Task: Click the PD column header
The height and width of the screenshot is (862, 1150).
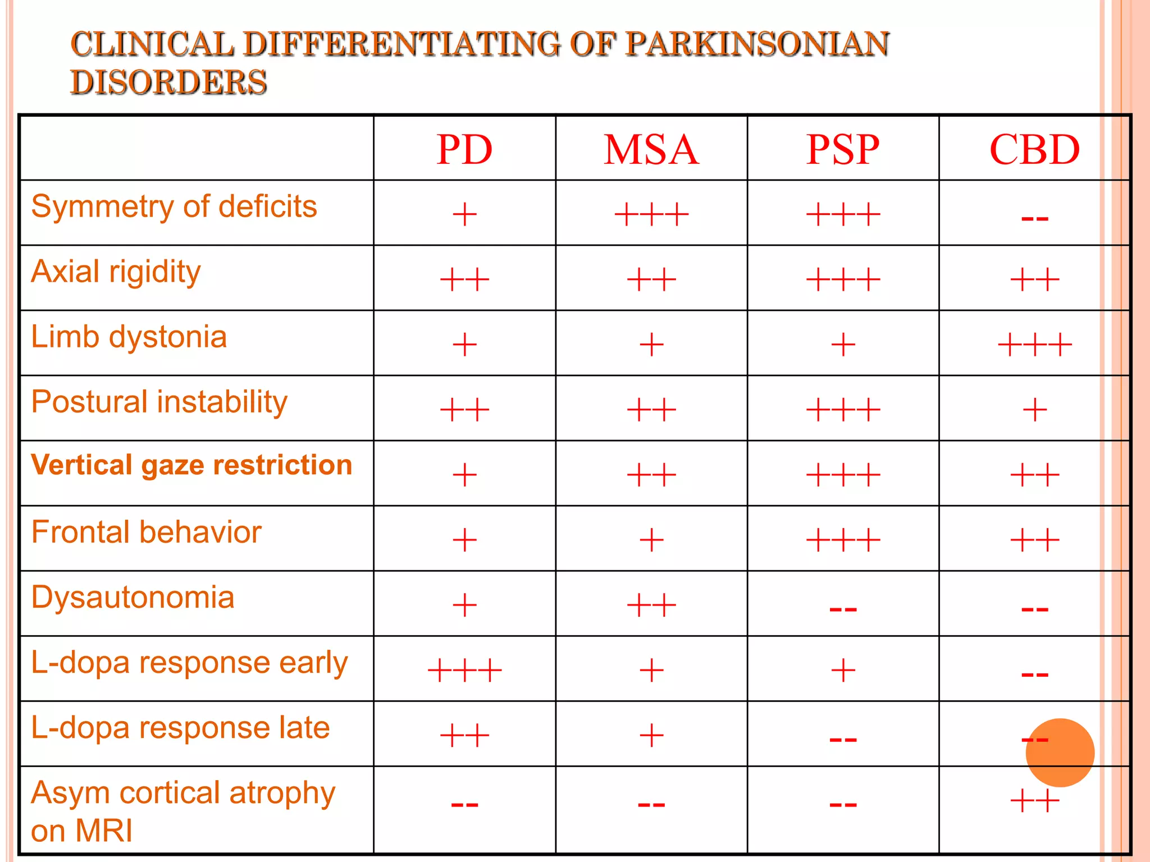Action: (x=464, y=150)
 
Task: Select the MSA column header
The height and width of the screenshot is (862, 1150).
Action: (x=651, y=150)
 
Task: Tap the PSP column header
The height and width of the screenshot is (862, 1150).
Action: (x=842, y=150)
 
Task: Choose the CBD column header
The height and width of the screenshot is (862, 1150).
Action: (x=1034, y=150)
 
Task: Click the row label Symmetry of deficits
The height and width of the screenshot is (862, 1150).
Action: (x=174, y=207)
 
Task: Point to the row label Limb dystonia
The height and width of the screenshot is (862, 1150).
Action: (x=129, y=337)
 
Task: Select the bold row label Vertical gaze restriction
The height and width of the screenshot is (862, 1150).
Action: (x=191, y=465)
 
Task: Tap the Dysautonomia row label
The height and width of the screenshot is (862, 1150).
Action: (x=133, y=597)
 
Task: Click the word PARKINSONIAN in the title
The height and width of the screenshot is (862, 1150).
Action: (x=757, y=44)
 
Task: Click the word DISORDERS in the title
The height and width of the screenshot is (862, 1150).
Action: (x=168, y=82)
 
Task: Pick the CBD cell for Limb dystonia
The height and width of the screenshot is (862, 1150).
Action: (x=1034, y=344)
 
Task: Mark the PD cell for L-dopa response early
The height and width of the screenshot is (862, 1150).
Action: (x=464, y=670)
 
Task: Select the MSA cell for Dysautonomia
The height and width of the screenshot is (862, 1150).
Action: (x=651, y=606)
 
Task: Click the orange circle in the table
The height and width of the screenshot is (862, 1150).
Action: (x=1060, y=753)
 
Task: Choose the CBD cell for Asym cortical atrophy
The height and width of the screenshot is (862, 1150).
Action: (x=1034, y=801)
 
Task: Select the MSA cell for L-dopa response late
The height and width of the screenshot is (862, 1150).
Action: (x=651, y=735)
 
